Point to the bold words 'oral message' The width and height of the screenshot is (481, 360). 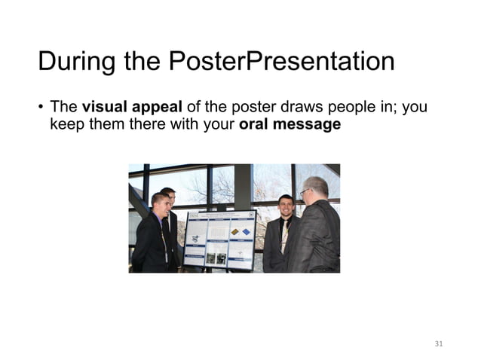tap(290, 124)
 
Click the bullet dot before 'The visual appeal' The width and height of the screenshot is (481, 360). tap(41, 108)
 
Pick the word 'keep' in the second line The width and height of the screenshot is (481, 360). tap(65, 124)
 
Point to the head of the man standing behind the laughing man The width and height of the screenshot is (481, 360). tap(169, 195)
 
